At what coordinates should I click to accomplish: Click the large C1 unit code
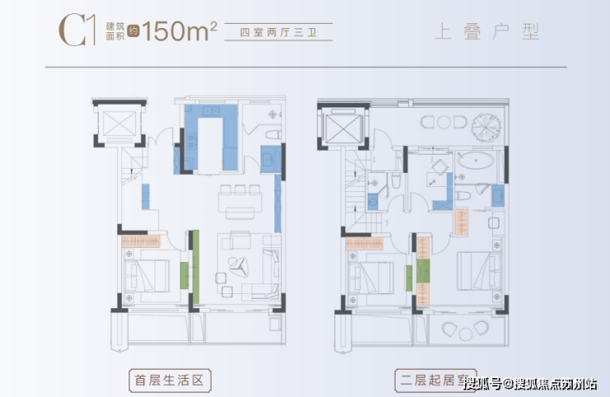coord(74,30)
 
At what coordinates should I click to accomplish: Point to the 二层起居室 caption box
coord(428,381)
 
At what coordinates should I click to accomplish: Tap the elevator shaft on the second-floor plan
coord(340,128)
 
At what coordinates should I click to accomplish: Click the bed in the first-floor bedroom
coord(148,273)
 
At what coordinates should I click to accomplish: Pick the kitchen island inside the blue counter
coord(211,142)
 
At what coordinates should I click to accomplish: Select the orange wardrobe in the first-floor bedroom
coord(142,241)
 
